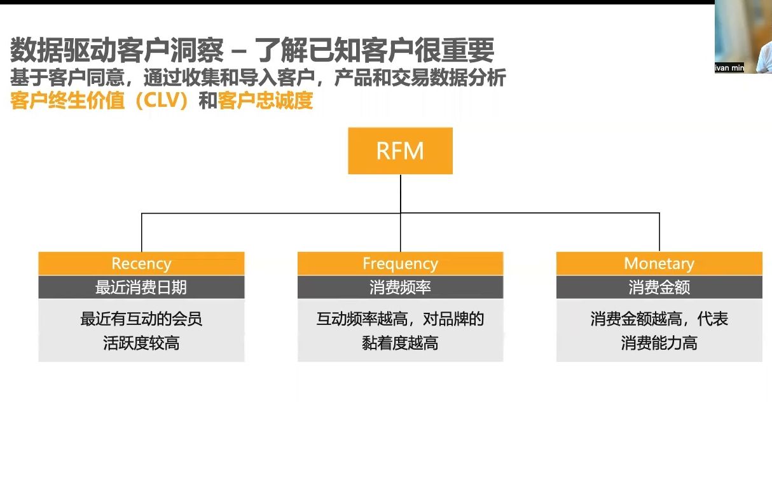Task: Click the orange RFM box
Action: (400, 151)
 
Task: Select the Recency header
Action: (141, 263)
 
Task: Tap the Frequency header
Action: (400, 263)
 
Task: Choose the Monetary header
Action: (659, 263)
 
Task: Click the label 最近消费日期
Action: (141, 287)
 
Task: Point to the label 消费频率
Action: (400, 287)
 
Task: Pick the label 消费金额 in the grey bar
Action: (659, 287)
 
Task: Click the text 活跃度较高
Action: (141, 343)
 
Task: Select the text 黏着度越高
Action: (400, 343)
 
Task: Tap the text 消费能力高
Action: (659, 343)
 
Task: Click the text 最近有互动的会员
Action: (141, 319)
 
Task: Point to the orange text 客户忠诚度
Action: (266, 101)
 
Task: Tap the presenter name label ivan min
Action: (729, 68)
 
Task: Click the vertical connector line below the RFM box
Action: (401, 193)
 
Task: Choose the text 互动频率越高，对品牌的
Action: (400, 319)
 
